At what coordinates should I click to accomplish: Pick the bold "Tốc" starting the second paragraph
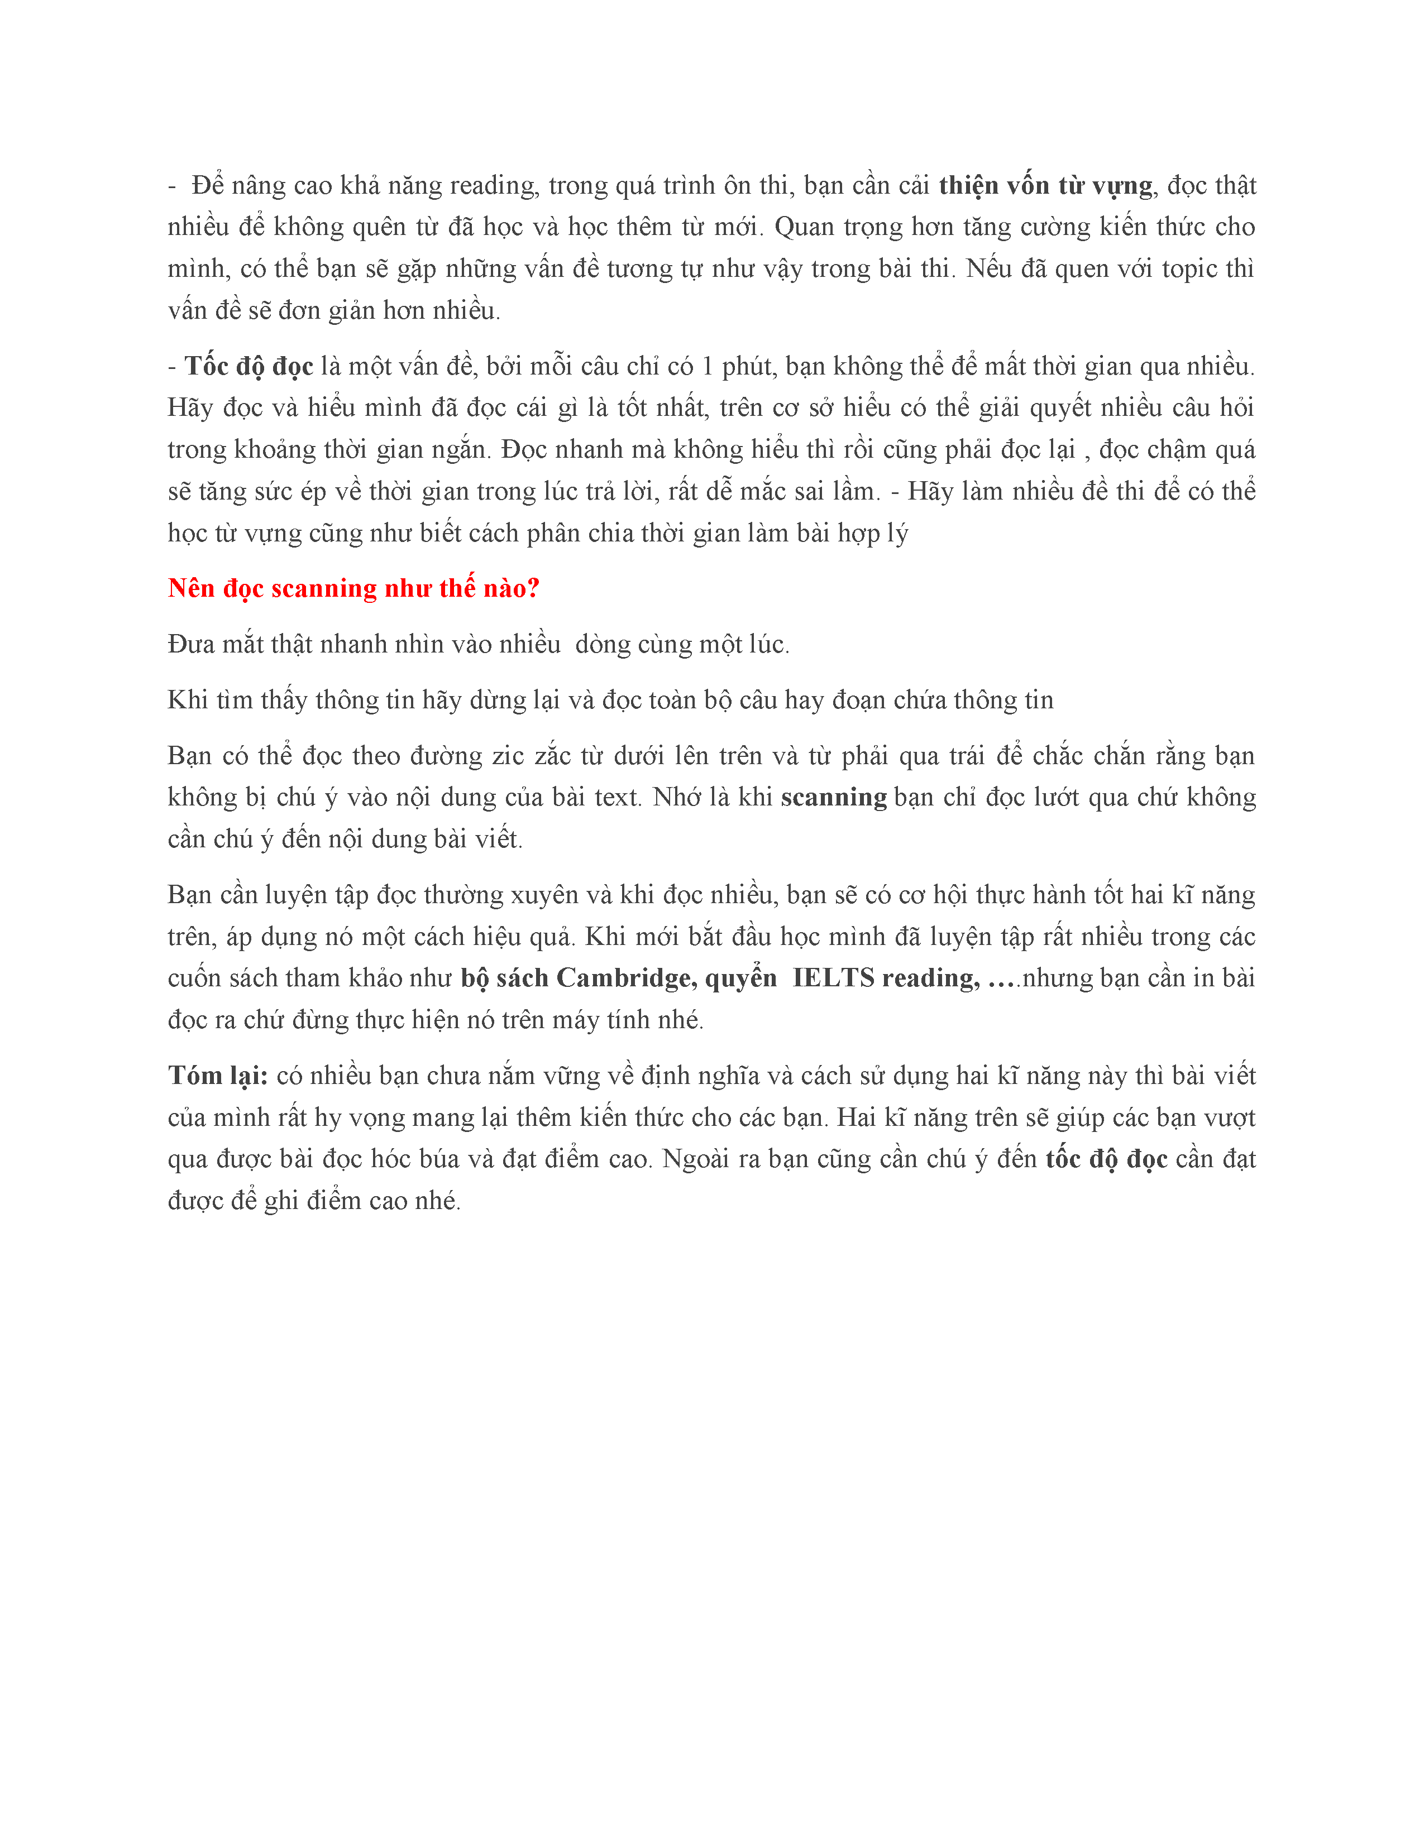(206, 367)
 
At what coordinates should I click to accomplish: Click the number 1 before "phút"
(708, 367)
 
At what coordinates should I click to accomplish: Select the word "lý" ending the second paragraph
(897, 534)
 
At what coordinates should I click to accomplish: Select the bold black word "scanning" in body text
(834, 798)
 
